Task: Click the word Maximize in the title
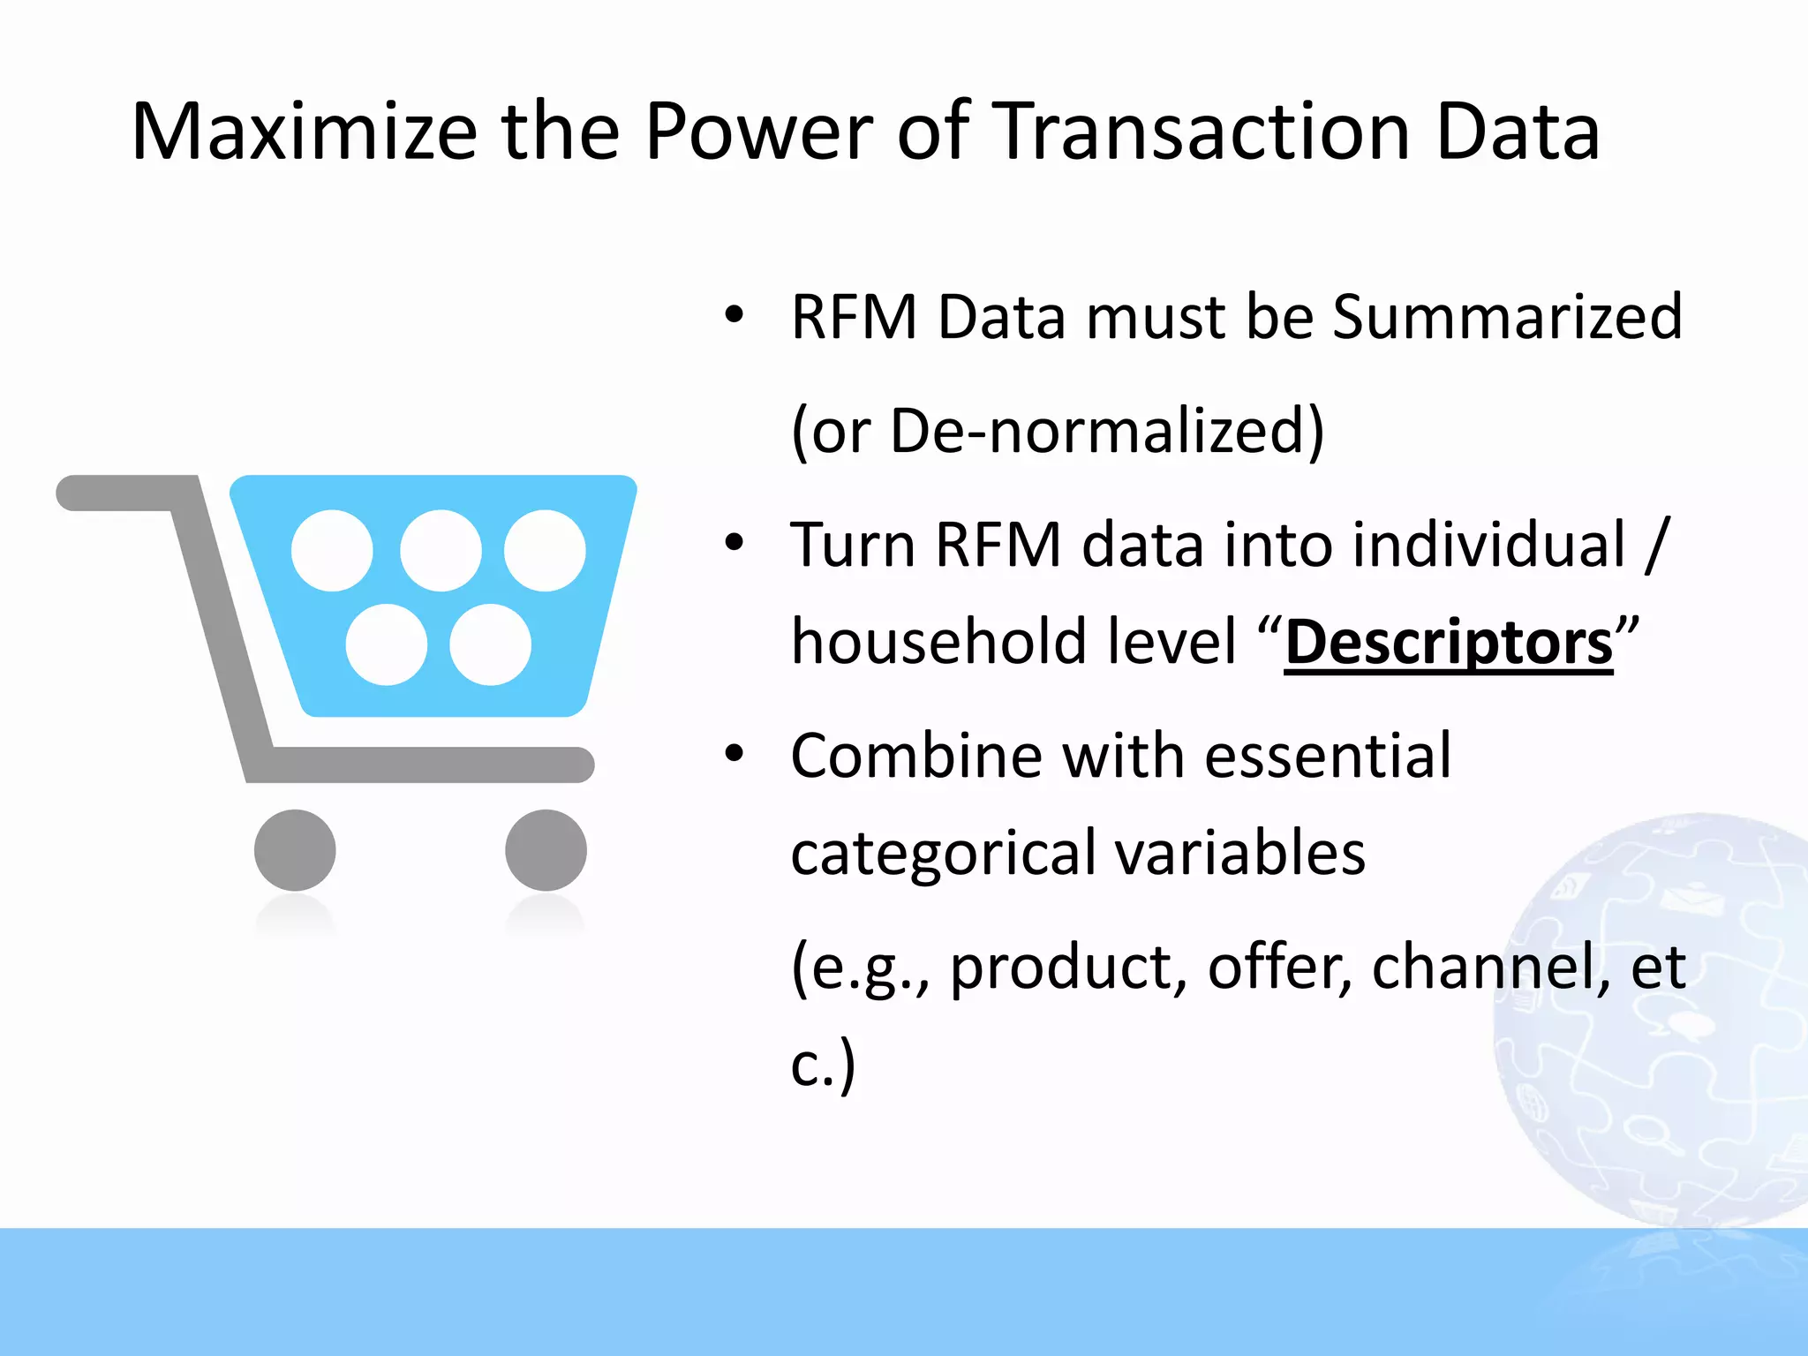tap(304, 132)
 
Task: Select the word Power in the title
tap(758, 132)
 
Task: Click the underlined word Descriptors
tap(1448, 643)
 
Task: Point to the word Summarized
tap(1506, 317)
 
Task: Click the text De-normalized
tap(1106, 431)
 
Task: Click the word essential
tap(1327, 757)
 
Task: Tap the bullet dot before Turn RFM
tap(734, 543)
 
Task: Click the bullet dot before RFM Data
tap(734, 315)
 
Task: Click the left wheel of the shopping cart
tap(295, 849)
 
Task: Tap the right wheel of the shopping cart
tap(546, 849)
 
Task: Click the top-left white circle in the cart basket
tap(332, 550)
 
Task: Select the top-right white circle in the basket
tap(545, 550)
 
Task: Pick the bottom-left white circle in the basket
tap(386, 644)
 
